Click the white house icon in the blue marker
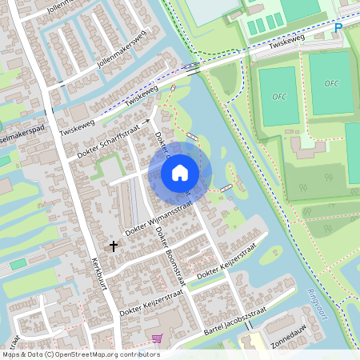pyautogui.click(x=180, y=171)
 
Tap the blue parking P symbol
pyautogui.click(x=338, y=28)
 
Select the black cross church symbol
pyautogui.click(x=113, y=246)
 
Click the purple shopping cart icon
pyautogui.click(x=156, y=338)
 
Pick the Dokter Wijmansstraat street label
pyautogui.click(x=159, y=217)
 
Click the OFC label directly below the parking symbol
pyautogui.click(x=331, y=83)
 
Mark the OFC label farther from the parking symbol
pyautogui.click(x=278, y=96)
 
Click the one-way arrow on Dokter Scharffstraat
pyautogui.click(x=147, y=122)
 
